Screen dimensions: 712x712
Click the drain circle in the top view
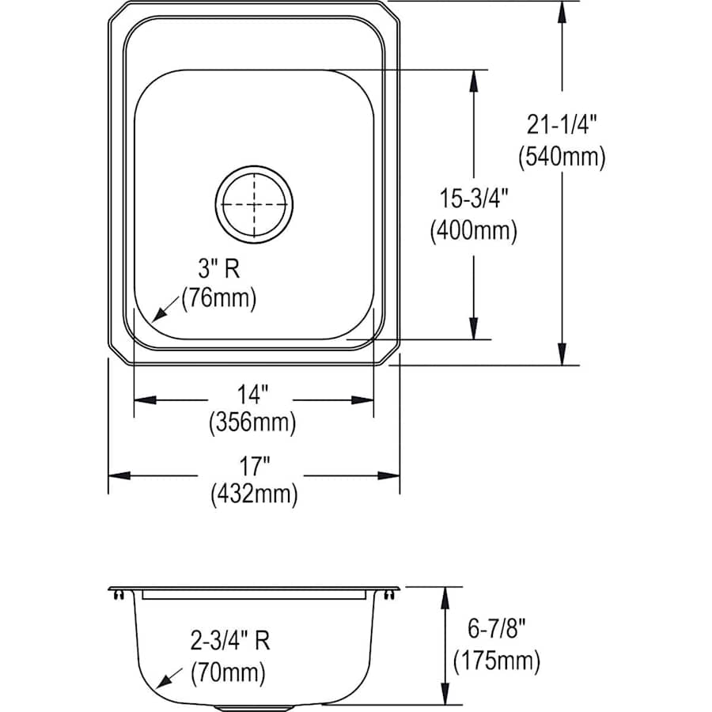pos(254,203)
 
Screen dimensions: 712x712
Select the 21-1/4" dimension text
pos(562,124)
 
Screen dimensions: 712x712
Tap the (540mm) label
pos(562,157)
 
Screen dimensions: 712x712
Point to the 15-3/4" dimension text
pos(473,199)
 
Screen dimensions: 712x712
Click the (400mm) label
pos(473,231)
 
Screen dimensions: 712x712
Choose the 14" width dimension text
pos(253,392)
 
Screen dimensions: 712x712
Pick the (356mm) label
pos(252,422)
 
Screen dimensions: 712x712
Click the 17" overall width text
pos(253,463)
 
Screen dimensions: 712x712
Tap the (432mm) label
pos(254,494)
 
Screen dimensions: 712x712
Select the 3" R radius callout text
pos(218,269)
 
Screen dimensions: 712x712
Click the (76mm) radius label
pos(218,299)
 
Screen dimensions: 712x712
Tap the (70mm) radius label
pos(229,673)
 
